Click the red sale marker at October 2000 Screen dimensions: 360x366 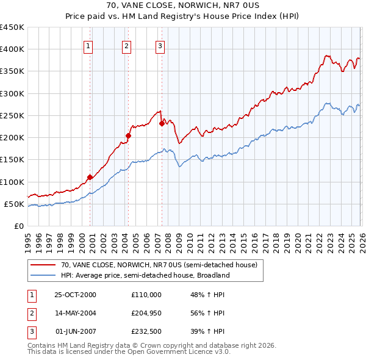click(x=90, y=177)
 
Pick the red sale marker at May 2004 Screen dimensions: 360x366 click(x=128, y=135)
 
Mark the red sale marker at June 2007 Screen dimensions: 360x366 click(x=162, y=123)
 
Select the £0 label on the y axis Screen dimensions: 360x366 click(x=19, y=226)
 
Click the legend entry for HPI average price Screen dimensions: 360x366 click(x=145, y=275)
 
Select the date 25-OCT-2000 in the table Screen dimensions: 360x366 click(x=76, y=294)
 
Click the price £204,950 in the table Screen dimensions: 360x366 click(x=146, y=313)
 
